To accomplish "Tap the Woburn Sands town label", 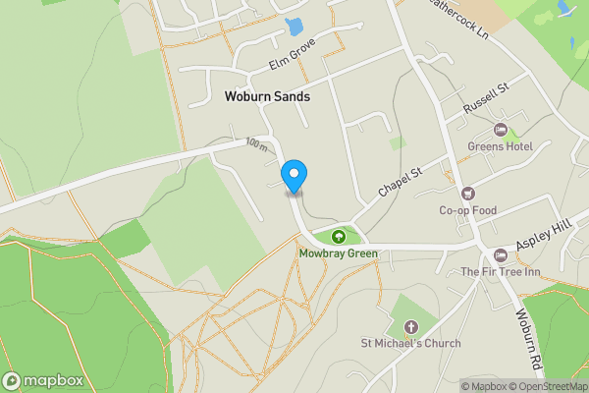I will click(267, 97).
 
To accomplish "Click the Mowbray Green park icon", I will click(339, 236).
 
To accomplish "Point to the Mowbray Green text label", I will click(339, 253).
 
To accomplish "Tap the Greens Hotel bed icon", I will click(500, 131).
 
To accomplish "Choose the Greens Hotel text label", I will click(500, 147).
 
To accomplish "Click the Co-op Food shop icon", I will click(467, 194).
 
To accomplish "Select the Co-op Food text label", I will click(467, 210).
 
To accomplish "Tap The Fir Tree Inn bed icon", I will click(502, 254).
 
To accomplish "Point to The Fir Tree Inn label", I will click(501, 271).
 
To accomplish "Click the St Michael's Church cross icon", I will click(410, 327).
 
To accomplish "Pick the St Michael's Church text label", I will click(410, 344).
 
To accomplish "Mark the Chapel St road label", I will click(400, 181).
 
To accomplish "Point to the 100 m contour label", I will click(257, 143).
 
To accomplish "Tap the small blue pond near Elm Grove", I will click(294, 28).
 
